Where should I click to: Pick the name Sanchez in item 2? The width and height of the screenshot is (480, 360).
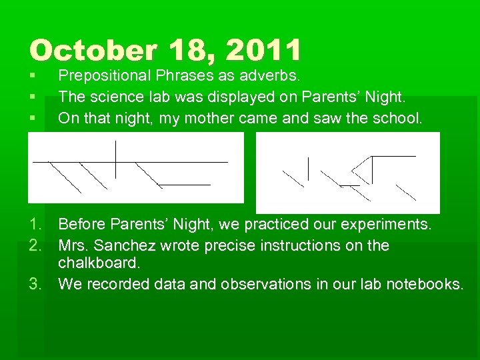[124, 245]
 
